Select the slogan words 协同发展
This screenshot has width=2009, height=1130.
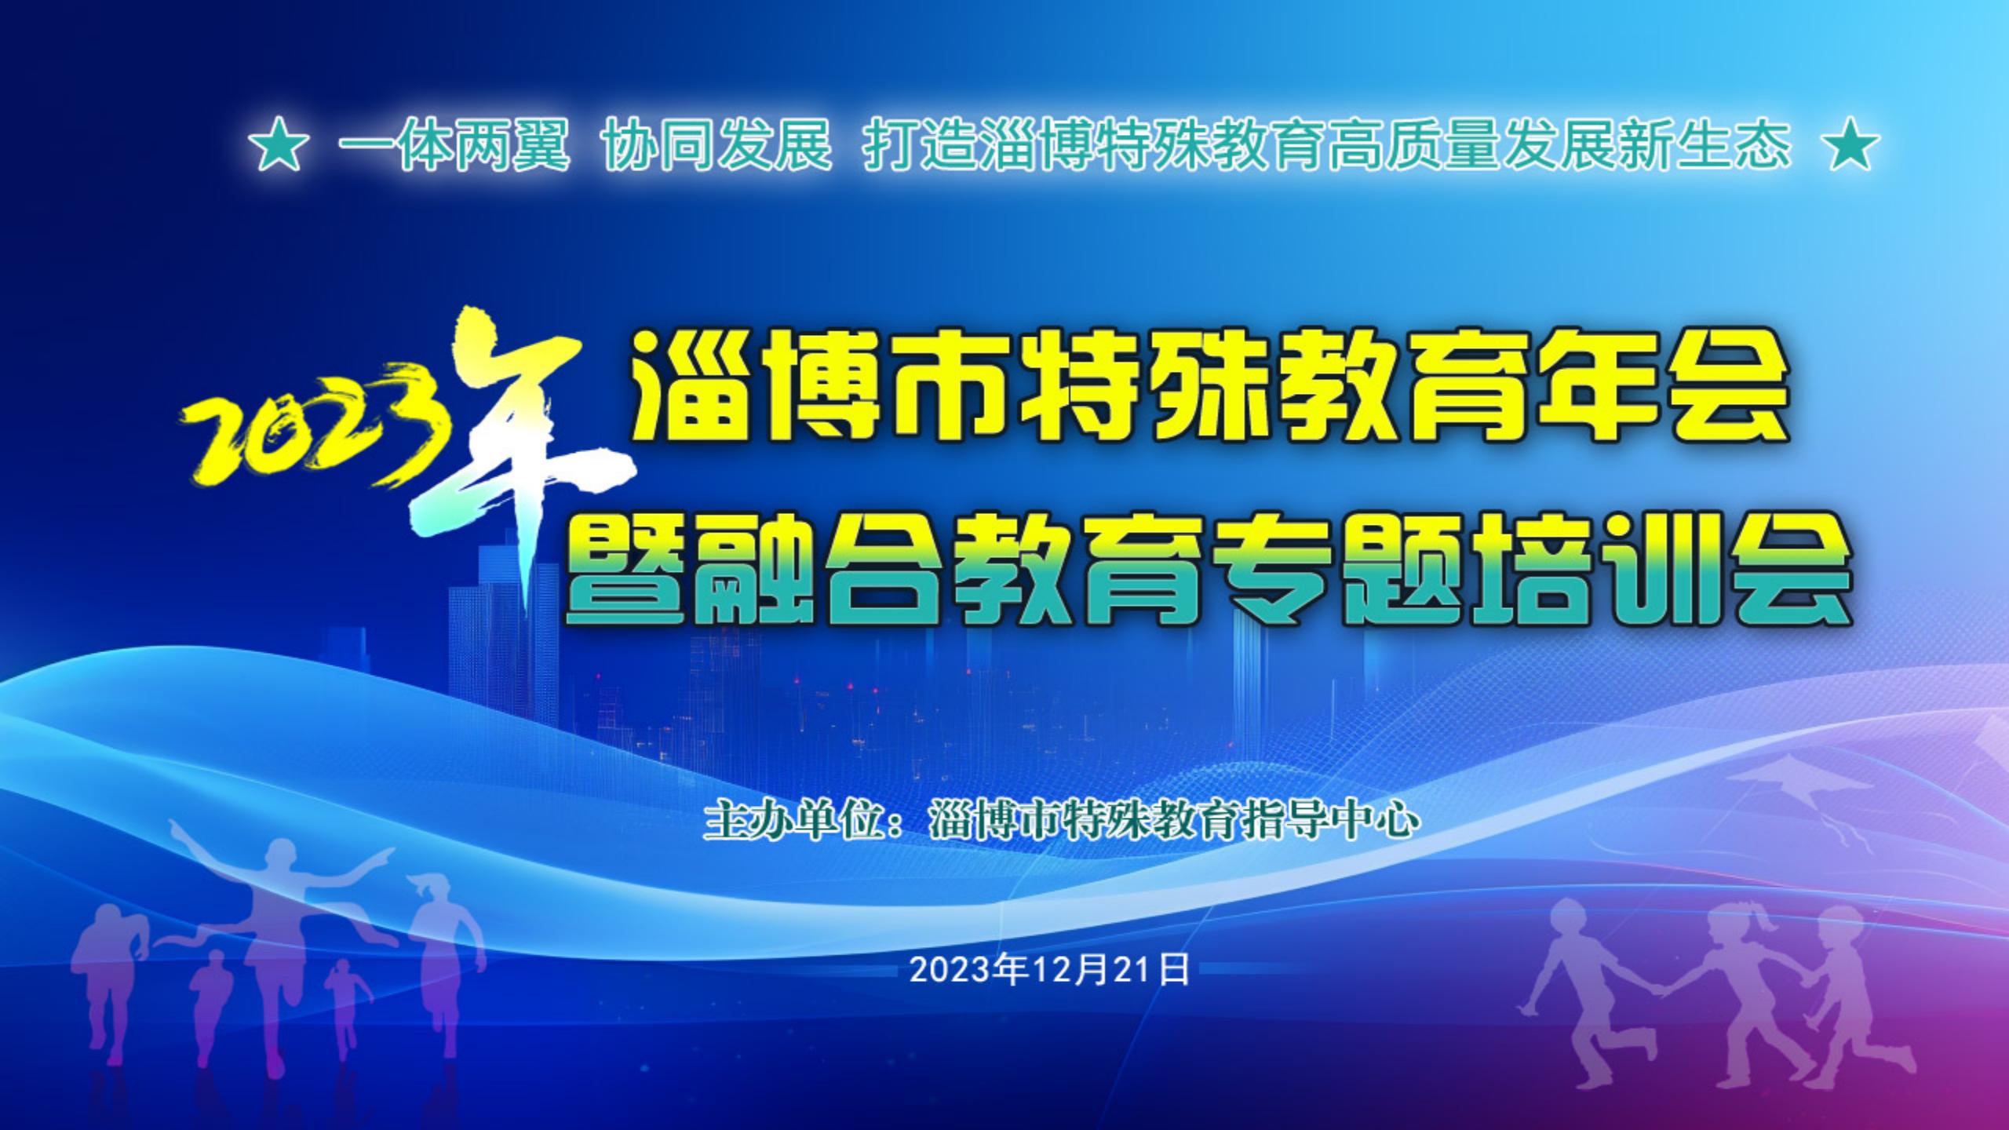click(718, 147)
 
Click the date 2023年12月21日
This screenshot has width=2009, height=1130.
click(1049, 971)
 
